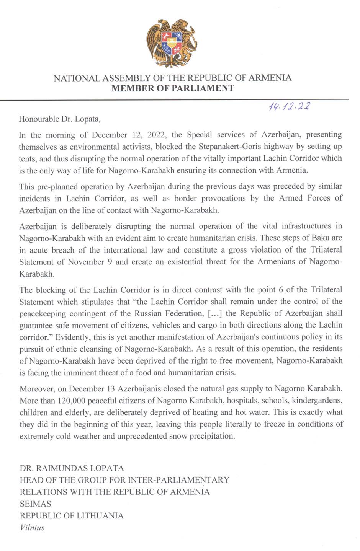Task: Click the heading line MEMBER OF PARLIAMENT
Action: [x=172, y=88]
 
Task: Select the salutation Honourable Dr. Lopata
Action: [x=60, y=119]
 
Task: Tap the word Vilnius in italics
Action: [x=32, y=528]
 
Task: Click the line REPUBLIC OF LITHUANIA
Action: [x=72, y=515]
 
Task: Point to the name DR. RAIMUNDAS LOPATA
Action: [x=72, y=468]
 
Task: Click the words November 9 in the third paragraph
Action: [x=90, y=262]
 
